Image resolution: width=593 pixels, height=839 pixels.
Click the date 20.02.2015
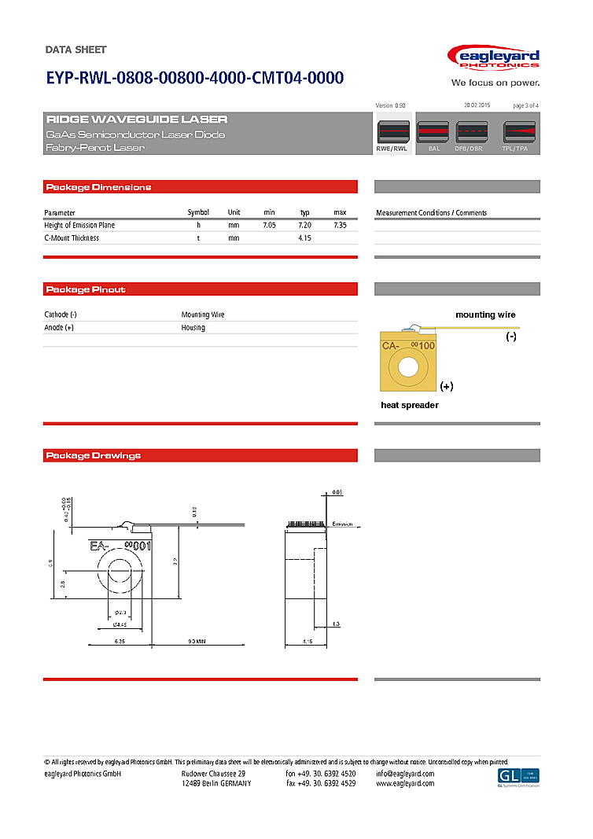pos(477,105)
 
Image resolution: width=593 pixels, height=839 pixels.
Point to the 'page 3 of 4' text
pos(525,105)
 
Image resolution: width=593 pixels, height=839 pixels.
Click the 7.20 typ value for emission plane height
pos(305,226)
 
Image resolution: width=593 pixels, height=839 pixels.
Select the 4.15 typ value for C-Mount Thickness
pos(305,238)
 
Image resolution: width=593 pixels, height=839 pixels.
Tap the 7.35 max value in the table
pos(340,226)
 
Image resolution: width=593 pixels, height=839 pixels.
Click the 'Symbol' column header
pos(198,213)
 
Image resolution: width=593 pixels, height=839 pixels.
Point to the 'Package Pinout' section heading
pos(87,289)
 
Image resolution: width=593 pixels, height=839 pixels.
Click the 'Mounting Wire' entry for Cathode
pos(203,315)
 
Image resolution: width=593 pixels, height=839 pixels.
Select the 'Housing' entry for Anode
pos(193,328)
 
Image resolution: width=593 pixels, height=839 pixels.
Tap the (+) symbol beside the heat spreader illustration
pos(447,386)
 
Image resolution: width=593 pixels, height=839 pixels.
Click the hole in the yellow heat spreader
pos(408,366)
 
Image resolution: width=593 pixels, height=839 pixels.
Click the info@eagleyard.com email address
pos(405,774)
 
